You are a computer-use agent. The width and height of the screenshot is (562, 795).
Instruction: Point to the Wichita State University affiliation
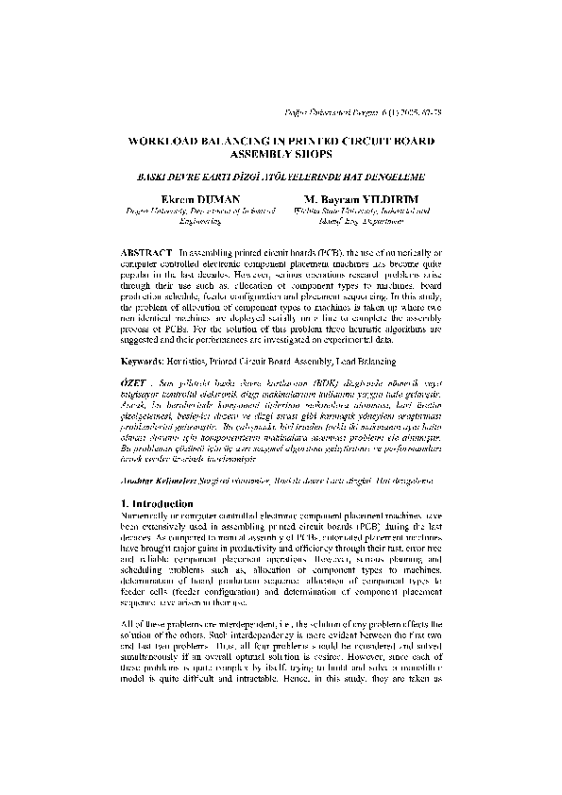tap(362, 211)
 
